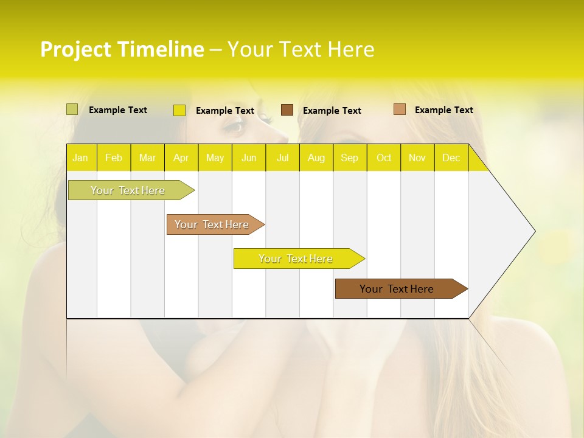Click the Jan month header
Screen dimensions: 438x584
pos(80,158)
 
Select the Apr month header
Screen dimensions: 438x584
pos(181,158)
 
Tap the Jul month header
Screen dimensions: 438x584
pos(282,158)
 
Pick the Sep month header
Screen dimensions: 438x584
pos(349,158)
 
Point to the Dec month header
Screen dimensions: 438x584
pos(451,158)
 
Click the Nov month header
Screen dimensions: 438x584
pos(417,158)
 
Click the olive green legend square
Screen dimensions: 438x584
pos(72,109)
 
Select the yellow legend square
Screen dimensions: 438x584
pos(179,110)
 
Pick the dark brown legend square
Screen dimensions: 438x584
pos(287,110)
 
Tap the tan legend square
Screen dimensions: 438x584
pos(399,109)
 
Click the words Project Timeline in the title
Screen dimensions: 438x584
pos(122,49)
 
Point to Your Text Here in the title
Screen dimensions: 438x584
pos(301,49)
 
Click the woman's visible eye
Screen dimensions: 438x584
pos(237,127)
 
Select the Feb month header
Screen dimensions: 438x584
pos(114,158)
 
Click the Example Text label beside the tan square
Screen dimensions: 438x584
pos(443,109)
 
